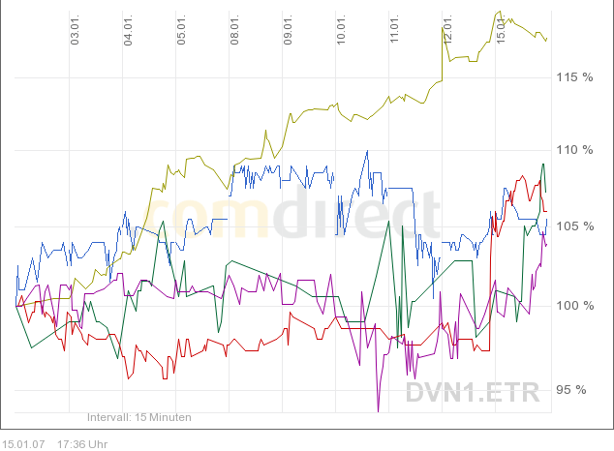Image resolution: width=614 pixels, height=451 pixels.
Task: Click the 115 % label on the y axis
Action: [573, 76]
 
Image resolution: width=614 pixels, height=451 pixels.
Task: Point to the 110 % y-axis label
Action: [573, 150]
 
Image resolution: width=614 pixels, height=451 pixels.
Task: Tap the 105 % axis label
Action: [573, 226]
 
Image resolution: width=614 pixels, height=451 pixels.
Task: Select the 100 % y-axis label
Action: [573, 306]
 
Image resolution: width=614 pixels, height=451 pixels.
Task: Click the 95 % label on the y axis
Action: [576, 391]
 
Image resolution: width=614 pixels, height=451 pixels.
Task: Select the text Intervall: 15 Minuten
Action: [139, 417]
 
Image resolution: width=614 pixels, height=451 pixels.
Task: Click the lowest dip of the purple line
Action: [379, 411]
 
